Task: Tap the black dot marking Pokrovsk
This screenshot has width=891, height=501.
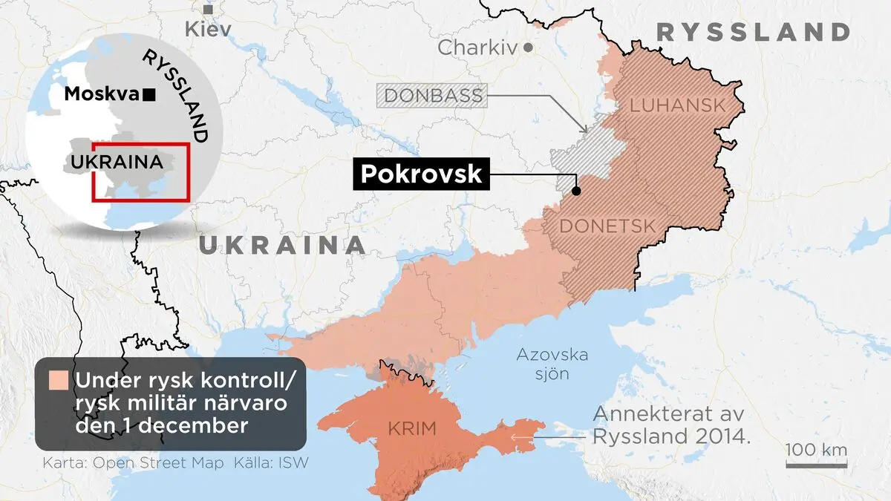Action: (576, 191)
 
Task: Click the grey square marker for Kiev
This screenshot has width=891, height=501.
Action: (209, 9)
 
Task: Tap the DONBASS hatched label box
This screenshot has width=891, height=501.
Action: (433, 96)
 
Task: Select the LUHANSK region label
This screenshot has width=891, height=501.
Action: (676, 106)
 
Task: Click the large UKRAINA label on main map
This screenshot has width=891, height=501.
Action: (282, 246)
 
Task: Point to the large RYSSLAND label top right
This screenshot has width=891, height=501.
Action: (753, 32)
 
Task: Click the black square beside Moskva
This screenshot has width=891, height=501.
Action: (149, 94)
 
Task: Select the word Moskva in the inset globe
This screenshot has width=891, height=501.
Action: (102, 94)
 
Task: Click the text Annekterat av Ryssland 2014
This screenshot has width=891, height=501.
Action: (670, 425)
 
